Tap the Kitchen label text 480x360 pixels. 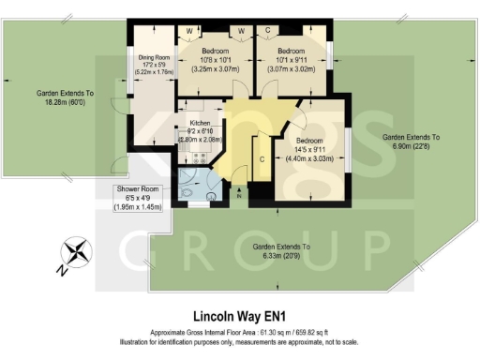tap(199, 124)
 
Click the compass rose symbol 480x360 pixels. tap(76, 254)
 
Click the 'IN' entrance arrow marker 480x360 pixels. tap(240, 195)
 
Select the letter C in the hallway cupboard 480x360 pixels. tap(262, 160)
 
